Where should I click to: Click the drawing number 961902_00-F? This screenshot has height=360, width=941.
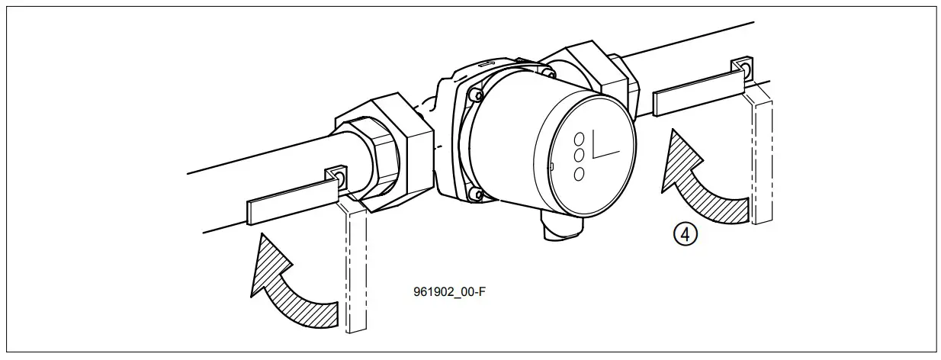coord(449,291)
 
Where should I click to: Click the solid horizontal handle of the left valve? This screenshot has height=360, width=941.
coord(290,201)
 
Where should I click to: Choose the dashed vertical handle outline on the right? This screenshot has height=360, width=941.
coord(762,156)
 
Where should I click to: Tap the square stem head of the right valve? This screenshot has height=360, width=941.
coord(742,70)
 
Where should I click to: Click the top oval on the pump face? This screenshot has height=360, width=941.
coord(579,139)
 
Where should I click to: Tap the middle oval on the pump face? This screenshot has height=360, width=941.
coord(579,156)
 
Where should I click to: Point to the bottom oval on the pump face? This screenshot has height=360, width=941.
coord(579,174)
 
